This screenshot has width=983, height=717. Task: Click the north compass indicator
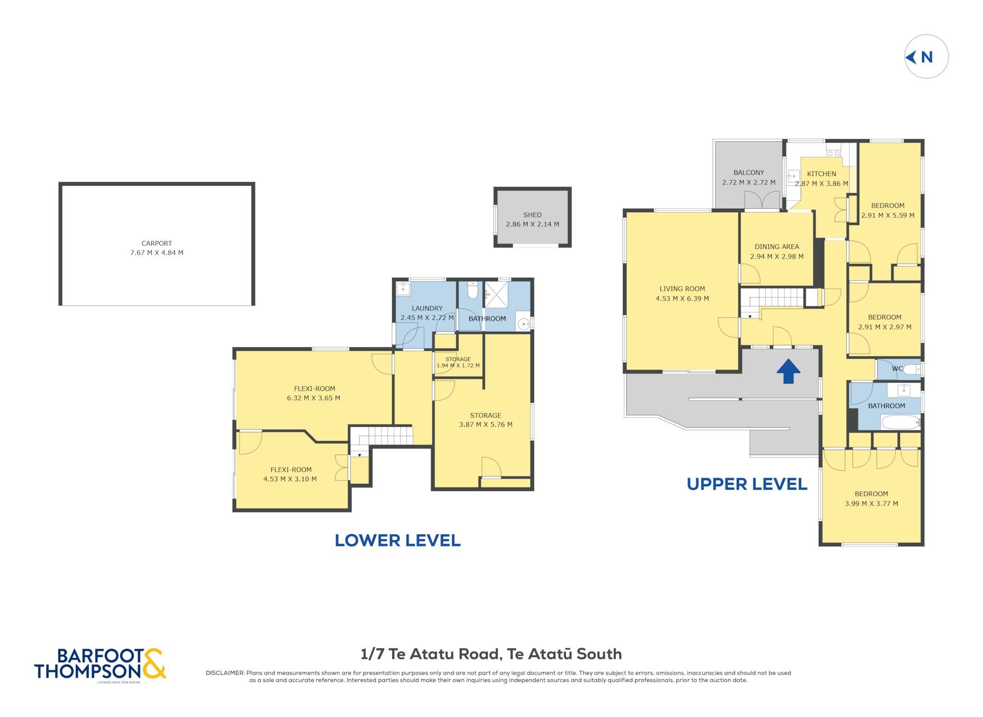click(x=926, y=57)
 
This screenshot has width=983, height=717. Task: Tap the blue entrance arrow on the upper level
click(x=788, y=371)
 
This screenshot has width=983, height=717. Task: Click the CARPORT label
click(x=156, y=243)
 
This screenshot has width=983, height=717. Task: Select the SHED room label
click(x=532, y=215)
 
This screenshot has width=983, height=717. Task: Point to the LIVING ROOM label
click(x=682, y=289)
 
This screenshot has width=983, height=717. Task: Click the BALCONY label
click(x=749, y=173)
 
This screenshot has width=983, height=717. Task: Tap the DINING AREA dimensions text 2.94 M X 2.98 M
click(x=777, y=257)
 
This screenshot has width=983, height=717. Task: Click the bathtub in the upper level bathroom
click(x=901, y=422)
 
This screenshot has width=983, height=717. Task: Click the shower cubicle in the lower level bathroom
click(x=496, y=294)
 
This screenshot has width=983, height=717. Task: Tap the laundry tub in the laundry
click(x=403, y=288)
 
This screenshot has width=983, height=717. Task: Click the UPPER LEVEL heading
click(x=747, y=484)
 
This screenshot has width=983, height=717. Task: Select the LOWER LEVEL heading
click(x=397, y=540)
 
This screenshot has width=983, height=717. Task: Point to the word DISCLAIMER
click(x=225, y=673)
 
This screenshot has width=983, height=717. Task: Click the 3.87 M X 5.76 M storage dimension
click(x=486, y=425)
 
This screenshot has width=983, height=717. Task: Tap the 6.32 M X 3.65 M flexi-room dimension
click(x=313, y=398)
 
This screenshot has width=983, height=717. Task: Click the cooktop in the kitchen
click(x=833, y=153)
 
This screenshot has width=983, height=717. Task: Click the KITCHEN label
click(x=821, y=174)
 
